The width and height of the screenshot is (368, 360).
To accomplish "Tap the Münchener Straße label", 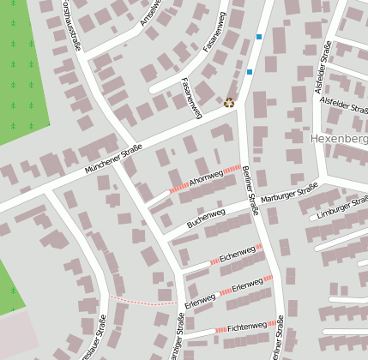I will click(x=113, y=160).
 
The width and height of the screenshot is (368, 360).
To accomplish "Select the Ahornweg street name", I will click(x=206, y=177).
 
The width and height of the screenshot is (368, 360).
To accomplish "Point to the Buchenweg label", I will click(x=206, y=218).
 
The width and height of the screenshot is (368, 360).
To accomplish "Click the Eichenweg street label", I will click(x=236, y=255).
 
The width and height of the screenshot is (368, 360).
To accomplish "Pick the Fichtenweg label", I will click(x=247, y=327).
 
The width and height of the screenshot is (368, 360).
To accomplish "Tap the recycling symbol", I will click(x=229, y=103).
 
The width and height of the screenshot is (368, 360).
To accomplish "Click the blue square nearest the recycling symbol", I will click(x=250, y=72).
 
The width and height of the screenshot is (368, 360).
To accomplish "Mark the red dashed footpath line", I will click(x=142, y=302).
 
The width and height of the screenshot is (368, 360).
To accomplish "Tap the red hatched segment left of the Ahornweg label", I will click(x=178, y=188).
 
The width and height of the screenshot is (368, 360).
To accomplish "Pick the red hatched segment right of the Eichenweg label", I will click(x=259, y=249).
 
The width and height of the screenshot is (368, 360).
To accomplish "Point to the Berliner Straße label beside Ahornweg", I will click(x=250, y=189).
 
